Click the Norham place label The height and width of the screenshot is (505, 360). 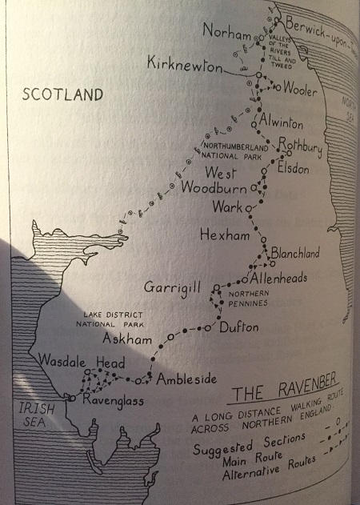pyautogui.click(x=226, y=30)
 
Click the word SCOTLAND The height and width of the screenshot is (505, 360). pyautogui.click(x=62, y=94)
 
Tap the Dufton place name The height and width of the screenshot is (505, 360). pyautogui.click(x=238, y=327)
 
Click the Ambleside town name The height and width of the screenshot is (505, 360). pyautogui.click(x=185, y=379)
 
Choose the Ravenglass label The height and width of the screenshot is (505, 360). pyautogui.click(x=111, y=400)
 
